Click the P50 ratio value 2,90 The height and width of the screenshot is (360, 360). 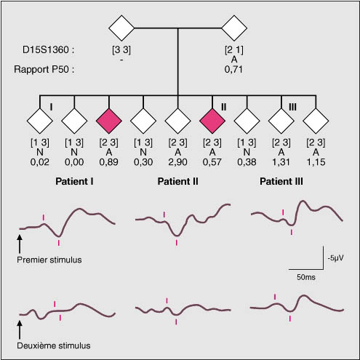click(177, 162)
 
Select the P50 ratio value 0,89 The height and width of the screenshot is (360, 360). click(108, 162)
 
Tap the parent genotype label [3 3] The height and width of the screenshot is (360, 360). click(121, 50)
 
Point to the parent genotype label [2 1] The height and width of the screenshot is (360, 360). click(234, 50)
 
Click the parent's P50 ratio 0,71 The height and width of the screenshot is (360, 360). click(233, 70)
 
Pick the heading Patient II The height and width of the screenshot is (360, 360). click(177, 181)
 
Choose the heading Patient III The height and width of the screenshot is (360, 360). click(281, 181)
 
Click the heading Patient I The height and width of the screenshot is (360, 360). click(74, 181)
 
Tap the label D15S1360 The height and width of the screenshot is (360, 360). click(48, 50)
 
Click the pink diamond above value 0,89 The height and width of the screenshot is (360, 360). click(109, 121)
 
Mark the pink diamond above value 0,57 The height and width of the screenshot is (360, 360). click(212, 121)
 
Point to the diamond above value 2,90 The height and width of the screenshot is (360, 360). click(177, 121)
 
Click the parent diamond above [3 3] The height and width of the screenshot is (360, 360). click(121, 28)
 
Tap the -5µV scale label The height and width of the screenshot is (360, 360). click(335, 258)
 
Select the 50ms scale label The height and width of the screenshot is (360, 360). click(306, 277)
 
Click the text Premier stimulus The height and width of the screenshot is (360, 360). click(49, 260)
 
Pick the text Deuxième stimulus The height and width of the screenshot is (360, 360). click(54, 345)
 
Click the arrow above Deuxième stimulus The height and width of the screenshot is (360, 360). click(20, 330)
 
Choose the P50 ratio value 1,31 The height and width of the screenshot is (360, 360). click(281, 162)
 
